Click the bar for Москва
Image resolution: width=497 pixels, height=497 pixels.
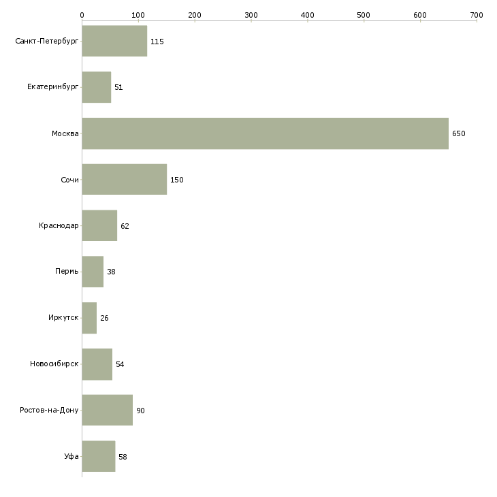coord(265,133)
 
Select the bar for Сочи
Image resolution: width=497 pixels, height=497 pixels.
coord(124,180)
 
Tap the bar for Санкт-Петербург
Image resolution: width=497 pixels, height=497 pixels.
coord(114,42)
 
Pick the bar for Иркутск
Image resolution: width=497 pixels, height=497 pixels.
coord(89,318)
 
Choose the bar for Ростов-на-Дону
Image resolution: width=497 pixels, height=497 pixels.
coord(107,411)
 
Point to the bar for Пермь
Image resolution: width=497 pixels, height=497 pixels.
coord(93,272)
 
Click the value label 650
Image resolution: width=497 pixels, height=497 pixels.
coord(459,134)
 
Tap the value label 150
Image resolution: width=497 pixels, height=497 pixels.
coord(177,180)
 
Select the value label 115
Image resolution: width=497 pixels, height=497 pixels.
coord(157,42)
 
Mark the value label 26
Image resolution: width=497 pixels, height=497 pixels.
coord(104,319)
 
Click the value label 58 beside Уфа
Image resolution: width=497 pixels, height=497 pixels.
coord(123,457)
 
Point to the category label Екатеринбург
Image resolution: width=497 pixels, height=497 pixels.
coord(53,88)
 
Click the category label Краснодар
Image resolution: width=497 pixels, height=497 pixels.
coord(59,226)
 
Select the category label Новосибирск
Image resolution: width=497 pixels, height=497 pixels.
coord(54,364)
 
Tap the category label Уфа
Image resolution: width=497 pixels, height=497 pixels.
coord(71,457)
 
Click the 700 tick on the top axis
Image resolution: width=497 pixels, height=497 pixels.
coord(477,14)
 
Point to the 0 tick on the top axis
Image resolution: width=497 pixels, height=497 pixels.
coord(82,14)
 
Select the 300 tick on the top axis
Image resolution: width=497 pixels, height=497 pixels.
coord(251,14)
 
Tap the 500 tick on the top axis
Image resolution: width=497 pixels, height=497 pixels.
coord(364,14)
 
